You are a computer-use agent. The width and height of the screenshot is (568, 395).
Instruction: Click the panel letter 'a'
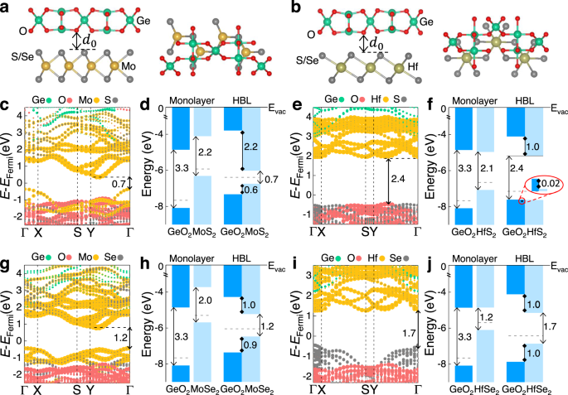(6, 7)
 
